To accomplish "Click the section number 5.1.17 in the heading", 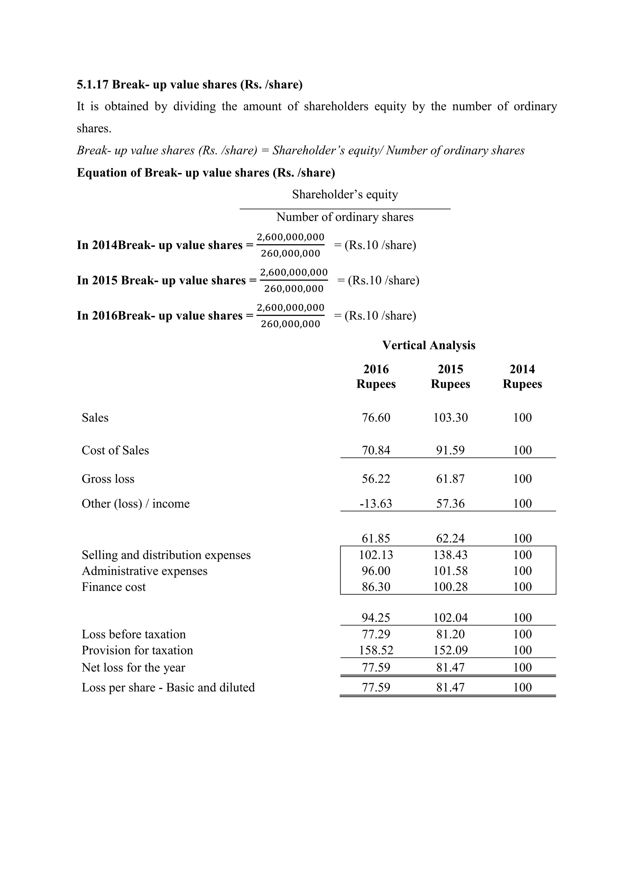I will (x=92, y=85).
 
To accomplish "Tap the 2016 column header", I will (x=376, y=369).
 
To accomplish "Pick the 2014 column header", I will (x=522, y=369).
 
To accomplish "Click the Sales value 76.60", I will (x=376, y=418).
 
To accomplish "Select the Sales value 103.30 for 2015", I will (x=450, y=418).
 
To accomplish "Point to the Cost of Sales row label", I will (x=115, y=450).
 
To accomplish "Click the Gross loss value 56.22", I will (x=376, y=479).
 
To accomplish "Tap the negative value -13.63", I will (x=376, y=503).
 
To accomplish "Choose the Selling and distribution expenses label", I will (x=166, y=555).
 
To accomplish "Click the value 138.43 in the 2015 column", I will (x=450, y=555).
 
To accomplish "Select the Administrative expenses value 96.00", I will (x=376, y=571).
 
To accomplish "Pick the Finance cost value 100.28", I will (x=450, y=587).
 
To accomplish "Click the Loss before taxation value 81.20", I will (x=450, y=635).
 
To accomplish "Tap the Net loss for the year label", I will (x=133, y=668).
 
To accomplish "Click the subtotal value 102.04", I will (x=450, y=618).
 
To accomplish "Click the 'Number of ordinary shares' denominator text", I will (x=345, y=217).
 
